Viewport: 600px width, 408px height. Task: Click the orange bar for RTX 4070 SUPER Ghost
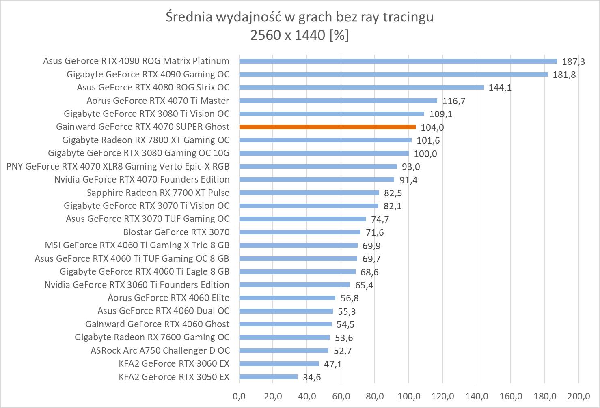pyautogui.click(x=327, y=127)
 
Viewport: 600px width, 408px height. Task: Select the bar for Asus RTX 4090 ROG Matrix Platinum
pyautogui.click(x=398, y=61)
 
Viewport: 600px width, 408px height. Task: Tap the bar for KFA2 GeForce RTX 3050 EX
pyautogui.click(x=268, y=377)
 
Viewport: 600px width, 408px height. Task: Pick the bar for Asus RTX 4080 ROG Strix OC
pyautogui.click(x=361, y=87)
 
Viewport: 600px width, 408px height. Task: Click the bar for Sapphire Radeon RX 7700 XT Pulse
pyautogui.click(x=309, y=193)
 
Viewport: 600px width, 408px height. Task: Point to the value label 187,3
pyautogui.click(x=573, y=62)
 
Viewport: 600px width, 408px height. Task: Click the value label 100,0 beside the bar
pyautogui.click(x=425, y=154)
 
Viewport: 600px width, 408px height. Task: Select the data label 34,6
pyautogui.click(x=312, y=378)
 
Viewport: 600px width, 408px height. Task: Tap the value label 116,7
pyautogui.click(x=454, y=101)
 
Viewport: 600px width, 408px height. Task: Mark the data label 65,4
pyautogui.click(x=364, y=285)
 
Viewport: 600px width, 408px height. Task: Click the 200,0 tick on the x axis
pyautogui.click(x=578, y=396)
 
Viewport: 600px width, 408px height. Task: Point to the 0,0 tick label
pyautogui.click(x=239, y=396)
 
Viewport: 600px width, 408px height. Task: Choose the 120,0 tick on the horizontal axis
pyautogui.click(x=443, y=396)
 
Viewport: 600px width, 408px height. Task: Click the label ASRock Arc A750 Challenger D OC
pyautogui.click(x=160, y=350)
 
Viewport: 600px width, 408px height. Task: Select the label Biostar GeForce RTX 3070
pyautogui.click(x=176, y=232)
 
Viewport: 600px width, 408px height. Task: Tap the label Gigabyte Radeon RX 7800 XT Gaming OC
pyautogui.click(x=146, y=140)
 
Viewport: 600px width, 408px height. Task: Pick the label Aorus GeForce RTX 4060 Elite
pyautogui.click(x=168, y=298)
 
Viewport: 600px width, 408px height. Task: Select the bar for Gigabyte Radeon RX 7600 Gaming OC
pyautogui.click(x=285, y=337)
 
